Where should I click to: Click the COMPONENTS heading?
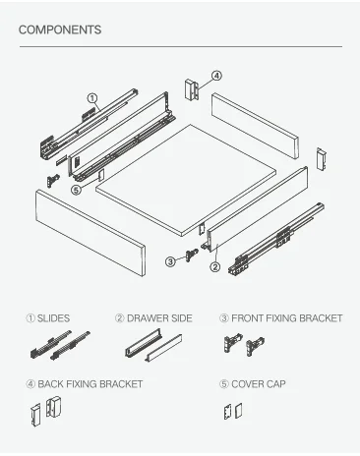coord(60,29)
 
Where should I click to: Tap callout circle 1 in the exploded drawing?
coord(92,98)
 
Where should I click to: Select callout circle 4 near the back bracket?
coord(216,76)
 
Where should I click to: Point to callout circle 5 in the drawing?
coord(76,190)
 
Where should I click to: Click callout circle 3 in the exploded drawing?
coord(170,261)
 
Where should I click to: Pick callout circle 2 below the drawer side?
coord(214,267)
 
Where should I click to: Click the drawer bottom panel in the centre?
coord(186,180)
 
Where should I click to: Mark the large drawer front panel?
coord(90,233)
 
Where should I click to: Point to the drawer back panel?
coord(255,126)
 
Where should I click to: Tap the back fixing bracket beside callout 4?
coord(192,88)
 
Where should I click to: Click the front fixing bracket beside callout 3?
coord(192,255)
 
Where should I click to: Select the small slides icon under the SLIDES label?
coord(60,346)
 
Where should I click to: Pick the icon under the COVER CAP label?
coord(233,411)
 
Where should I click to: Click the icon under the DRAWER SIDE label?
coord(153,346)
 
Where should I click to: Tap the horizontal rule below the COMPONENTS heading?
coord(181,46)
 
